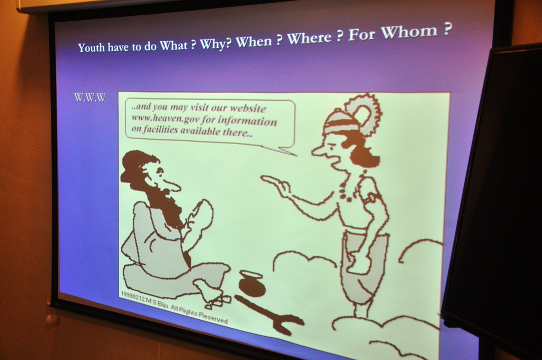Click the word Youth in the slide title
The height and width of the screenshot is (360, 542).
[x=91, y=47]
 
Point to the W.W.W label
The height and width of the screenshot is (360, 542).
[x=90, y=97]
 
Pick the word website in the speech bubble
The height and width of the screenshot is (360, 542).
[x=248, y=108]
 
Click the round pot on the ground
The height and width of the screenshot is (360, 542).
[x=251, y=282]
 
